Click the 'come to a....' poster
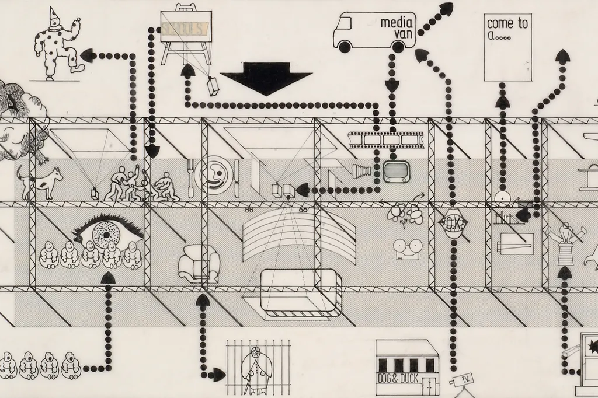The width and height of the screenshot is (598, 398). [507, 47]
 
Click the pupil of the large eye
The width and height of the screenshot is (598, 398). [107, 235]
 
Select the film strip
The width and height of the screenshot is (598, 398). [385, 139]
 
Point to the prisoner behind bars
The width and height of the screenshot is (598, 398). [257, 368]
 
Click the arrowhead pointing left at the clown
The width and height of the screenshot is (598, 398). [88, 56]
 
